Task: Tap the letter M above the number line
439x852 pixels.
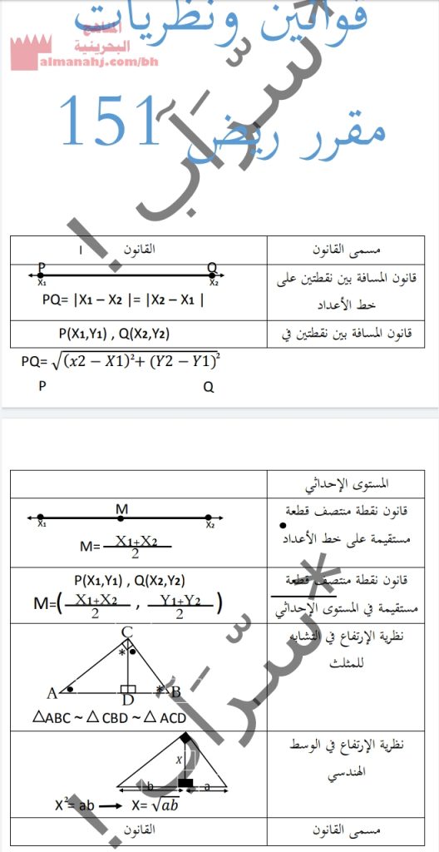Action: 121,508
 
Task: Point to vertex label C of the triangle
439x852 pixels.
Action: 126,633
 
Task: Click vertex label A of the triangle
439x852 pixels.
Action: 52,692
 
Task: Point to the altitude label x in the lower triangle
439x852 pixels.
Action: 178,760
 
